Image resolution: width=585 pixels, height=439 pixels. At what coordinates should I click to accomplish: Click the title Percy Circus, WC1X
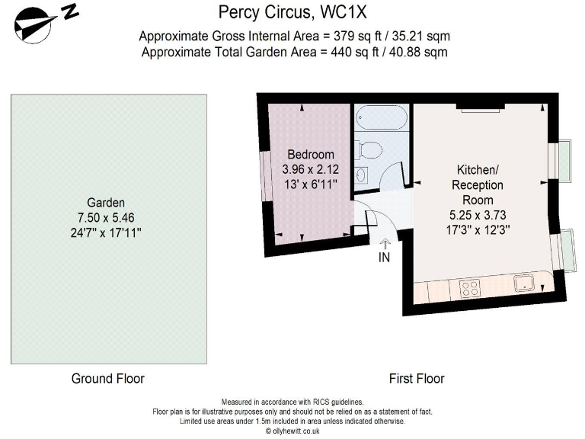point(292,11)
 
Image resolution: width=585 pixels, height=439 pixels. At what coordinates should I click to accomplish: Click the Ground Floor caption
point(107,378)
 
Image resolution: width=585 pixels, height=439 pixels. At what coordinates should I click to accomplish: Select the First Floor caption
point(416,378)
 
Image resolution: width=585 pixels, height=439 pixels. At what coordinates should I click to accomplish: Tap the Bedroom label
point(311,155)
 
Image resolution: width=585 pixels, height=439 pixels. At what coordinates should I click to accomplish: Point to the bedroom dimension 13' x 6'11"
point(311,184)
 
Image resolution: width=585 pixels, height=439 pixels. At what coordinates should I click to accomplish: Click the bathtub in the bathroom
point(382,119)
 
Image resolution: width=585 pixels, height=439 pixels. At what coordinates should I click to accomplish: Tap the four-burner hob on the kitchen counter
point(471,288)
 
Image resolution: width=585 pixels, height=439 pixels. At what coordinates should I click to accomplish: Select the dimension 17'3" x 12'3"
point(478,228)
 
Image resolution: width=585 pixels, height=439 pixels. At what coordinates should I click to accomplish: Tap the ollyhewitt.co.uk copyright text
point(292,431)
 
